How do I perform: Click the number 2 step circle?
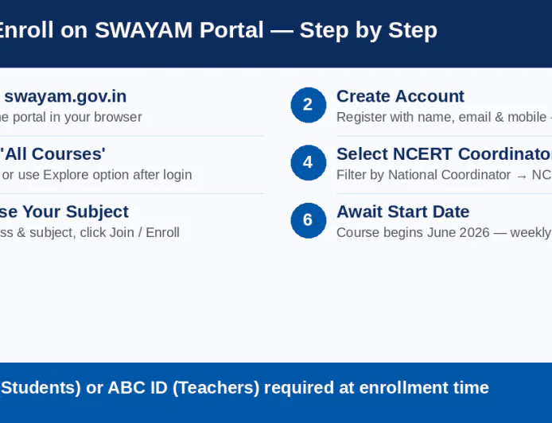click(x=308, y=105)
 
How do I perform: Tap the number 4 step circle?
click(x=308, y=162)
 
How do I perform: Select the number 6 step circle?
click(x=308, y=220)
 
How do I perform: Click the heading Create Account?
click(x=400, y=96)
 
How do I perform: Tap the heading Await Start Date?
click(x=402, y=211)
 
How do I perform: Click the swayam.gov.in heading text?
click(x=65, y=96)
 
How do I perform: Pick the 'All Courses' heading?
click(x=53, y=154)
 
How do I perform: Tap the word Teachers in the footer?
click(x=216, y=388)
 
